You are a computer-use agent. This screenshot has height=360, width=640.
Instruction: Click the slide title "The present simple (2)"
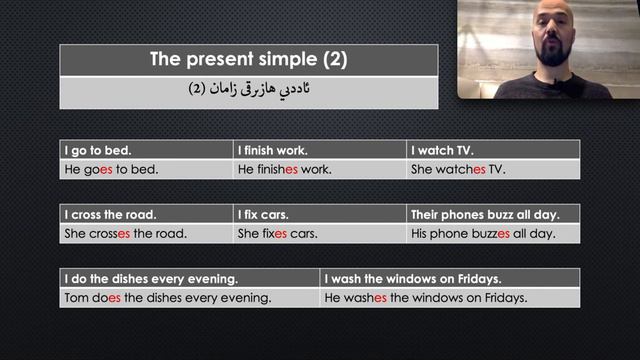click(x=248, y=59)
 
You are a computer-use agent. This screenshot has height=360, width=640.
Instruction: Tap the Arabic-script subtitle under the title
click(x=248, y=90)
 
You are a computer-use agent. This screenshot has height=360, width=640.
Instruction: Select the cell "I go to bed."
click(x=99, y=150)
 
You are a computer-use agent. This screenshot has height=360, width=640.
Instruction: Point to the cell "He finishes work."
click(x=285, y=169)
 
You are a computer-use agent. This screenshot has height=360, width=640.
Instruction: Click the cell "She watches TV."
click(x=458, y=169)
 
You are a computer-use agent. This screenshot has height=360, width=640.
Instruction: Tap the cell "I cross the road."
click(x=110, y=215)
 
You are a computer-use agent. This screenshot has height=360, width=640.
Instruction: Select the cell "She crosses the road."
click(x=126, y=234)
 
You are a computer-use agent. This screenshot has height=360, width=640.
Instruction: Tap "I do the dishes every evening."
click(x=151, y=279)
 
